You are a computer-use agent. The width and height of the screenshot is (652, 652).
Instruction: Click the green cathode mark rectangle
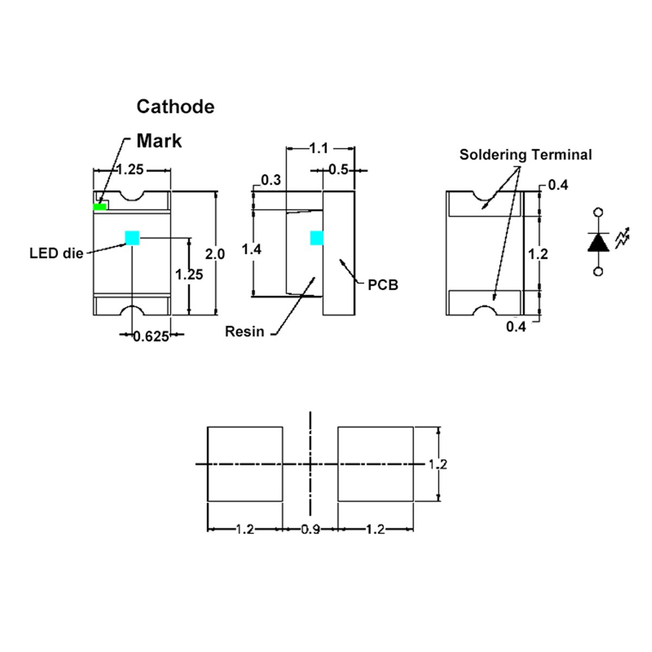pos(100,207)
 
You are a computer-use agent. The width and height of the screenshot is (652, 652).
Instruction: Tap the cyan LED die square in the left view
pos(132,238)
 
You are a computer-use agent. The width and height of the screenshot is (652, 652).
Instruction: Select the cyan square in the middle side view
pos(317,238)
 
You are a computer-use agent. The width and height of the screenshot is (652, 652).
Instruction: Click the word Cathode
pos(175,106)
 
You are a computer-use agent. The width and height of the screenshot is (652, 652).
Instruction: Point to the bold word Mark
pos(159,141)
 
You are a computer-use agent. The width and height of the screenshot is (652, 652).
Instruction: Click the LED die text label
pos(57,253)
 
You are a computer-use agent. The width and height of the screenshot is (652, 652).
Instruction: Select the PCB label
pos(383,285)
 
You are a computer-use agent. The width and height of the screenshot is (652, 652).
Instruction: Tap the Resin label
pos(244,331)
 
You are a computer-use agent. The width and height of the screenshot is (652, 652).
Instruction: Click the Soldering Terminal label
pos(525,155)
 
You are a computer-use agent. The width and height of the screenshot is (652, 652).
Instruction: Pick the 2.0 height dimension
pos(215,254)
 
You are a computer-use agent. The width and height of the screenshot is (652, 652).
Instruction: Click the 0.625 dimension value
pos(151,337)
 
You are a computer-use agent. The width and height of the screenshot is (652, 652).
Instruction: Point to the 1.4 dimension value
pos(252,249)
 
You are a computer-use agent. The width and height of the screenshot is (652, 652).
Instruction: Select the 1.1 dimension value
pos(319,148)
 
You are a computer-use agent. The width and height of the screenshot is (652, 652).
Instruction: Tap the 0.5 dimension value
pos(338,170)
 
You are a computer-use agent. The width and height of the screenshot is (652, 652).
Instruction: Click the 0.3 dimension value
pos(271,180)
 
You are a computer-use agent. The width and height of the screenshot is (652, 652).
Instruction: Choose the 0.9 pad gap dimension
pos(310,529)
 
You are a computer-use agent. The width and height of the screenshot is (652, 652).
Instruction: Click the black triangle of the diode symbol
pos(598,242)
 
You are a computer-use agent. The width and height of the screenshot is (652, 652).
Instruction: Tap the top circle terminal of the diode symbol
pos(598,213)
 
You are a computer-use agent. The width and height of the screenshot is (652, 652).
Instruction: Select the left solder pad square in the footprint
pos(245,464)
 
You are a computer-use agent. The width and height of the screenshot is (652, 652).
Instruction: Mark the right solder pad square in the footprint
pos(375,464)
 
